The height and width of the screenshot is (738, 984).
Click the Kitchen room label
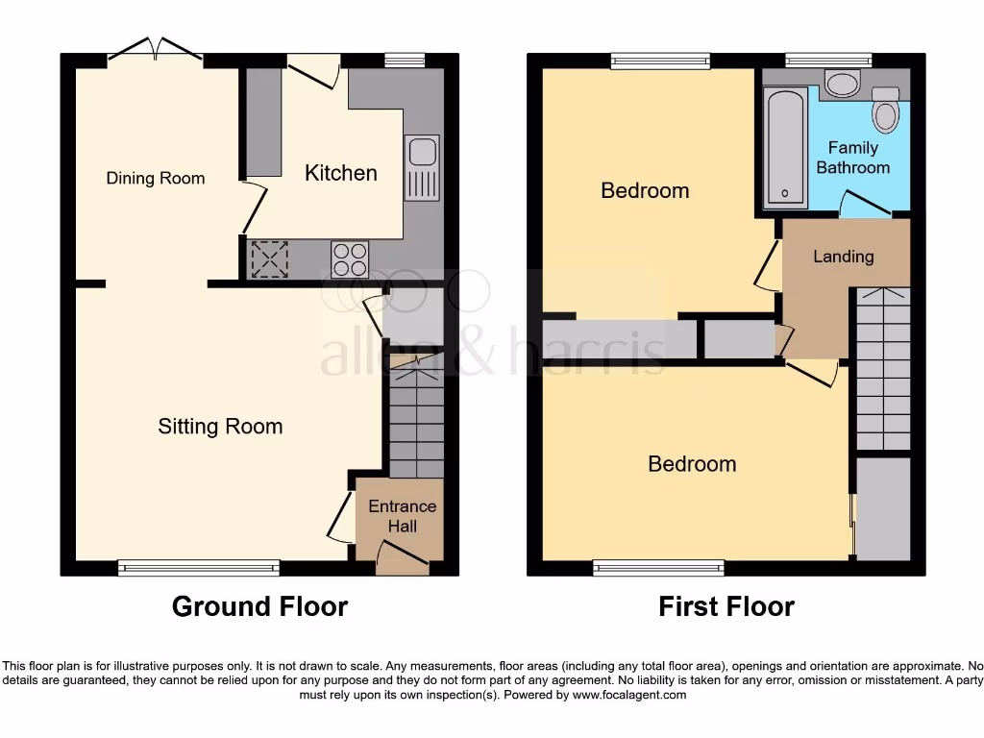[x=340, y=173]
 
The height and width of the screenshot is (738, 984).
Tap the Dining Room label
[x=155, y=178]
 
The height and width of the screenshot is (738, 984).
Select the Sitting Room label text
[x=220, y=427]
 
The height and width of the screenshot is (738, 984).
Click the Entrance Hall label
[x=402, y=516]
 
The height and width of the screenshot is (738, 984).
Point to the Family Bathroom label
[x=852, y=158]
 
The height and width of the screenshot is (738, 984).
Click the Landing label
[x=843, y=257]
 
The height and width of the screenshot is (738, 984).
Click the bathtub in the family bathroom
[x=787, y=148]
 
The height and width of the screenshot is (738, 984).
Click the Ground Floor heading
[x=259, y=606]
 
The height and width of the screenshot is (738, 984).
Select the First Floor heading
[x=726, y=606]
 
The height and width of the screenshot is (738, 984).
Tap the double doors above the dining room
[x=155, y=52]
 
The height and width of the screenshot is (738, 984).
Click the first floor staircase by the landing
[x=882, y=370]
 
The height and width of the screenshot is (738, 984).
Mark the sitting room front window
[x=199, y=568]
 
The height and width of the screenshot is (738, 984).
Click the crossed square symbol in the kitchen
[x=269, y=258]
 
